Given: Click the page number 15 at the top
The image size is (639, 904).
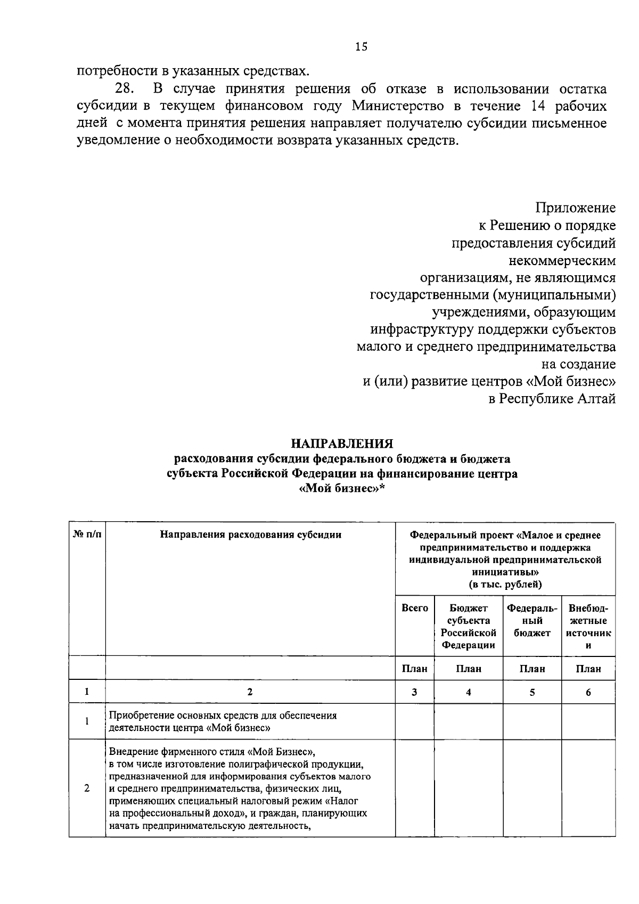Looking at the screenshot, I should click(362, 47).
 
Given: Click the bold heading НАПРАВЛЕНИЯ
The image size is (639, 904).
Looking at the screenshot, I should click(342, 443).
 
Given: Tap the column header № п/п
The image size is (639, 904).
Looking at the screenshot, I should click(86, 535).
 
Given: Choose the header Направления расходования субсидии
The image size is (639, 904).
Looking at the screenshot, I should click(250, 535).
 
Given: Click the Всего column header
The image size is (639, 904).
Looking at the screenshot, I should click(414, 608).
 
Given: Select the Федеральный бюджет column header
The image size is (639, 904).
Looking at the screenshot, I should click(532, 620).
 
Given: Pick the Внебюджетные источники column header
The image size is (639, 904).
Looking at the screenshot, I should click(588, 627).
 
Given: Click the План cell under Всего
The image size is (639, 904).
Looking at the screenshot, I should click(414, 669).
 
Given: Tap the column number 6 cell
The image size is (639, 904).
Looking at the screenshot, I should click(588, 693).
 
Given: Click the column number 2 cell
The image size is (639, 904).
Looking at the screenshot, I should click(250, 693).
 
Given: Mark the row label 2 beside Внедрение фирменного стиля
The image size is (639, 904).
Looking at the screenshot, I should click(86, 788).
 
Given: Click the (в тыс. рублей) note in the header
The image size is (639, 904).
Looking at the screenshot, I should click(505, 584).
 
